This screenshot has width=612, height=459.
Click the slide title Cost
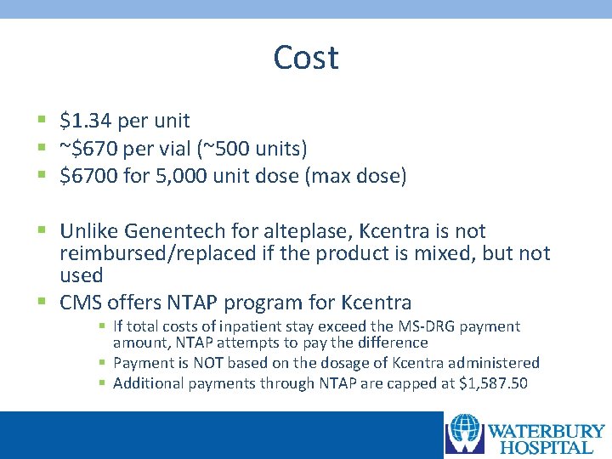click(x=306, y=58)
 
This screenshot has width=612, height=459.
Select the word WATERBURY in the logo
click(x=544, y=431)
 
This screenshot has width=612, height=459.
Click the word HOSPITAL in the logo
click(x=546, y=447)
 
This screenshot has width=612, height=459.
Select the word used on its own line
click(x=81, y=275)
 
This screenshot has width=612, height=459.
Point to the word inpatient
click(x=246, y=326)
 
